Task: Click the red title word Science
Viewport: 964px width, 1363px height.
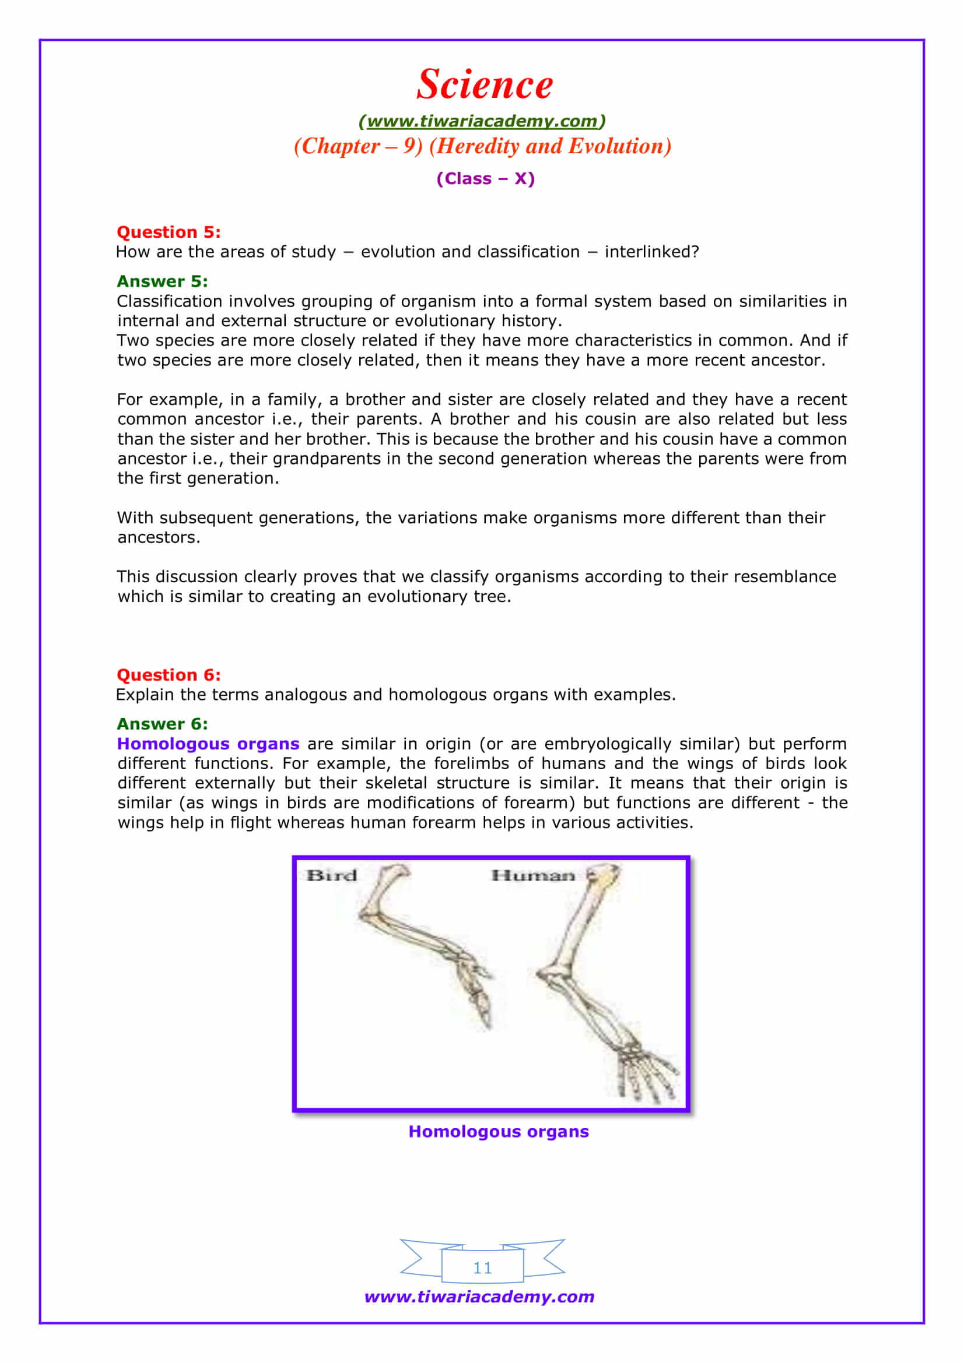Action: (484, 84)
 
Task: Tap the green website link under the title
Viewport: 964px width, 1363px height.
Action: (482, 121)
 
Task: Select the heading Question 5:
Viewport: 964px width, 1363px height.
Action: (169, 232)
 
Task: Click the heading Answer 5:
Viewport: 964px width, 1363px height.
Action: (162, 281)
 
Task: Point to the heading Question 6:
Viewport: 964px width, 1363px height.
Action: (169, 675)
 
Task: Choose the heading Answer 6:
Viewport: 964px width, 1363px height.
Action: (162, 724)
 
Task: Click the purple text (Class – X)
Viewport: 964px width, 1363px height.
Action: (485, 179)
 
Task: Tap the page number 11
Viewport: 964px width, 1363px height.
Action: (482, 1268)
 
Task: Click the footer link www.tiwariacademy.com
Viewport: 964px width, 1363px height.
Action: (479, 1297)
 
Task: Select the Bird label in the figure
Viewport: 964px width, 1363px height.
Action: (331, 876)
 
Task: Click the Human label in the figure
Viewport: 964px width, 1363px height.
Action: (533, 876)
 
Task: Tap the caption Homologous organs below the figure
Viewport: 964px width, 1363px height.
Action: (499, 1132)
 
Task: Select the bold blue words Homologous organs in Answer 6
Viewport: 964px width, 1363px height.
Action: (208, 744)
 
